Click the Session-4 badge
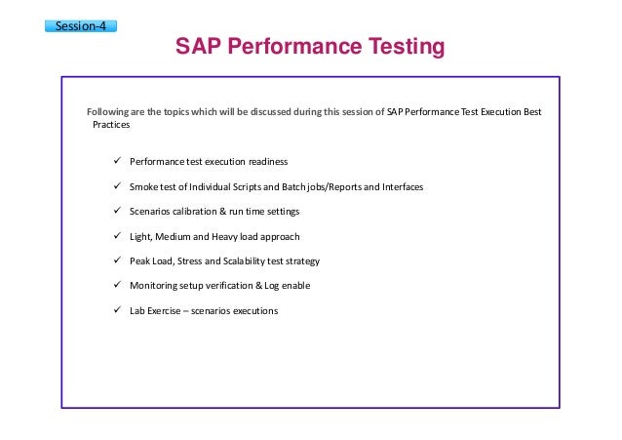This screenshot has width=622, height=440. [81, 26]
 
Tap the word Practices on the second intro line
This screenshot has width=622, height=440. [111, 125]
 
